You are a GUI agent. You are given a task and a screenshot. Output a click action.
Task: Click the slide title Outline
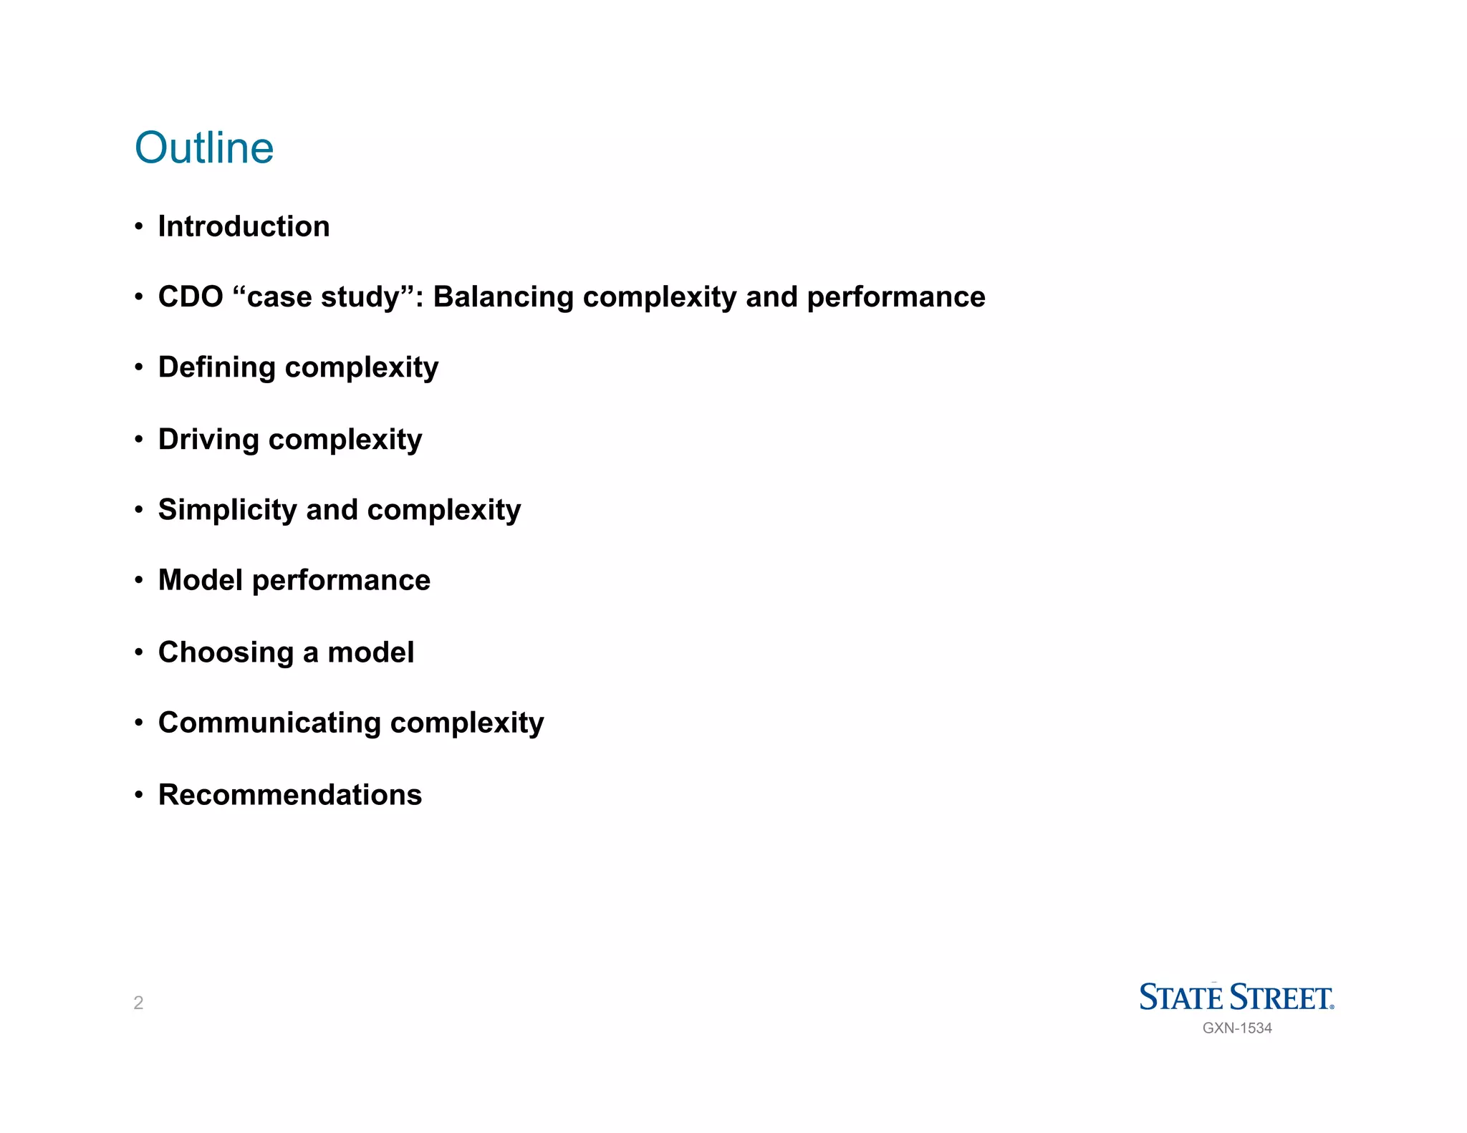click(204, 148)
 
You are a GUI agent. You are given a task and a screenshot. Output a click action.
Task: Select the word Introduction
click(244, 226)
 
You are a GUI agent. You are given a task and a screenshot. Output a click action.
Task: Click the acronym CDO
click(191, 297)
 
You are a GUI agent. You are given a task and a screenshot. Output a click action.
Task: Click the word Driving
click(208, 440)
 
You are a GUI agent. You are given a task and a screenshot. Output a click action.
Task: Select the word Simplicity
click(227, 510)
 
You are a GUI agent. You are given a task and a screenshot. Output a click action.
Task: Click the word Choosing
click(226, 652)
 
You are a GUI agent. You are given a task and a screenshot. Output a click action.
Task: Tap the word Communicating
click(269, 723)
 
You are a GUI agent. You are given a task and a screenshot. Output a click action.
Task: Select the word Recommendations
click(290, 795)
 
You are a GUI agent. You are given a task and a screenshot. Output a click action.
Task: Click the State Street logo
click(1236, 997)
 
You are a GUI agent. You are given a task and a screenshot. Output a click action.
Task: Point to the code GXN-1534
click(1237, 1028)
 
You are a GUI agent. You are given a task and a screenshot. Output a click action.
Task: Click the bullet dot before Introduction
click(139, 227)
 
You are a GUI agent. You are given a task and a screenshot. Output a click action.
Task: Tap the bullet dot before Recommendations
click(139, 795)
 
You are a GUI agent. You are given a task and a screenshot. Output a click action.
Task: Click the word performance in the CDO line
click(895, 297)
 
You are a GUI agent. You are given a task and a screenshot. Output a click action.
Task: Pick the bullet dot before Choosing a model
click(139, 652)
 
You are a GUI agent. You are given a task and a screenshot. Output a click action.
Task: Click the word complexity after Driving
click(345, 440)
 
